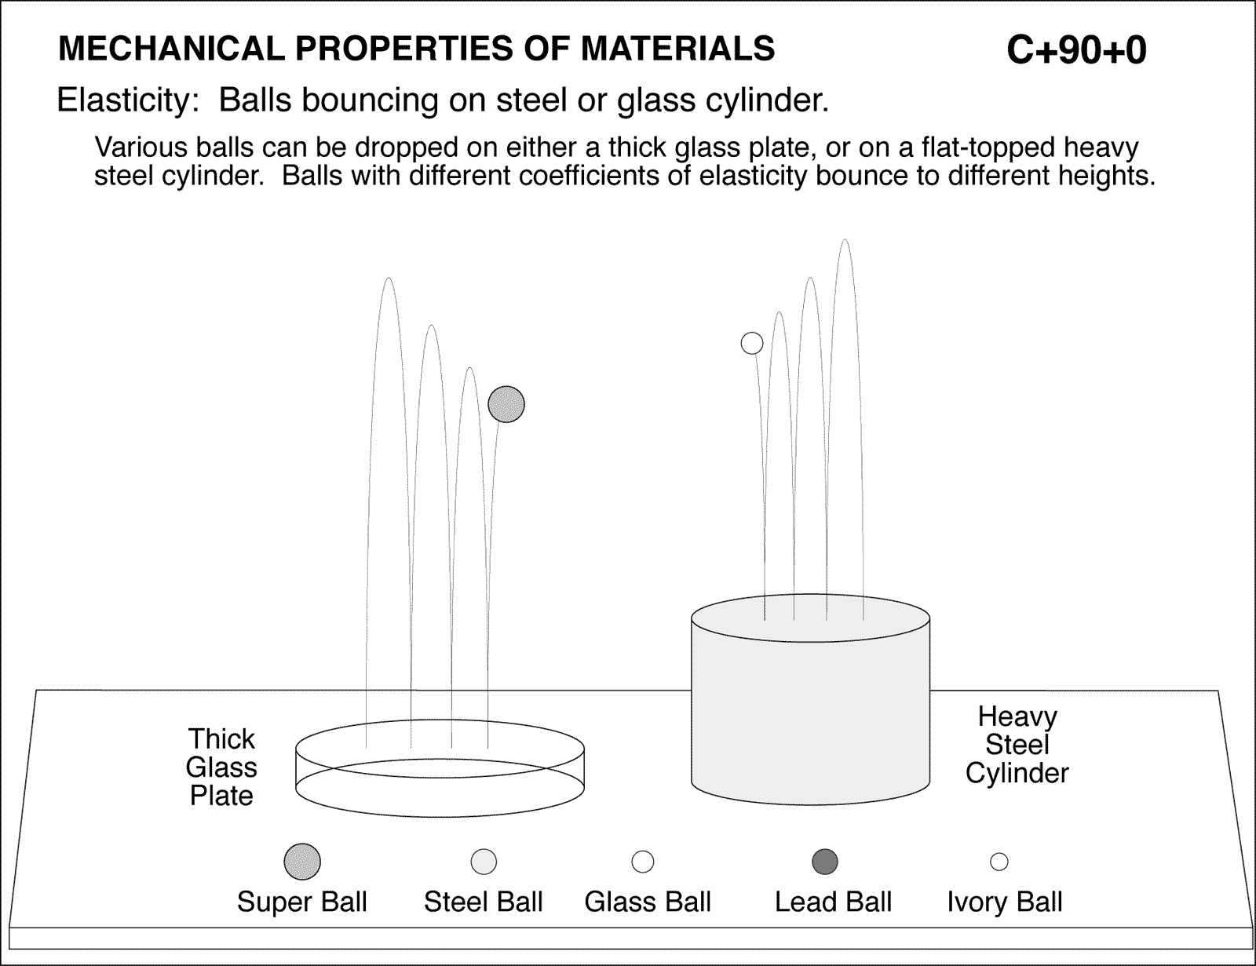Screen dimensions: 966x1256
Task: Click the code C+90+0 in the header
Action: click(x=1076, y=50)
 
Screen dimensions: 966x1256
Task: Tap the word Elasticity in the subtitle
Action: click(x=122, y=100)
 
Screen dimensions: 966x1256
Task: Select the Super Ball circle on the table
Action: click(x=302, y=862)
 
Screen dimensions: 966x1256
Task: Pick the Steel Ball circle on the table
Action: click(x=484, y=862)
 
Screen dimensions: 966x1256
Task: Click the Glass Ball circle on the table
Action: click(x=643, y=862)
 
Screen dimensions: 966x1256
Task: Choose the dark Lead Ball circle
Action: click(x=825, y=862)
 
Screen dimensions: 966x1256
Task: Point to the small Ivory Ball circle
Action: click(x=999, y=862)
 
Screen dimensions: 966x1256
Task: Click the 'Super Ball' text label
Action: click(x=302, y=902)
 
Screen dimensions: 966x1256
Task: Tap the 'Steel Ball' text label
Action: click(x=484, y=902)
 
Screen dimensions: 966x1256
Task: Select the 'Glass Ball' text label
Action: click(x=648, y=902)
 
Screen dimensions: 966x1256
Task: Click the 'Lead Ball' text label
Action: click(x=834, y=902)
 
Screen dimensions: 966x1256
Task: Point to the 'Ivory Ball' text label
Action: click(x=1005, y=902)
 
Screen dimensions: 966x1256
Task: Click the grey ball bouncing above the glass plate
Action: click(x=506, y=405)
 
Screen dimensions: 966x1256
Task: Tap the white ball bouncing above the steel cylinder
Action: click(x=752, y=343)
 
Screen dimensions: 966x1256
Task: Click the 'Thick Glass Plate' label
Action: click(x=222, y=767)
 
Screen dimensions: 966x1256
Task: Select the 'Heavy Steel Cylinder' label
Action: click(x=1017, y=745)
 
